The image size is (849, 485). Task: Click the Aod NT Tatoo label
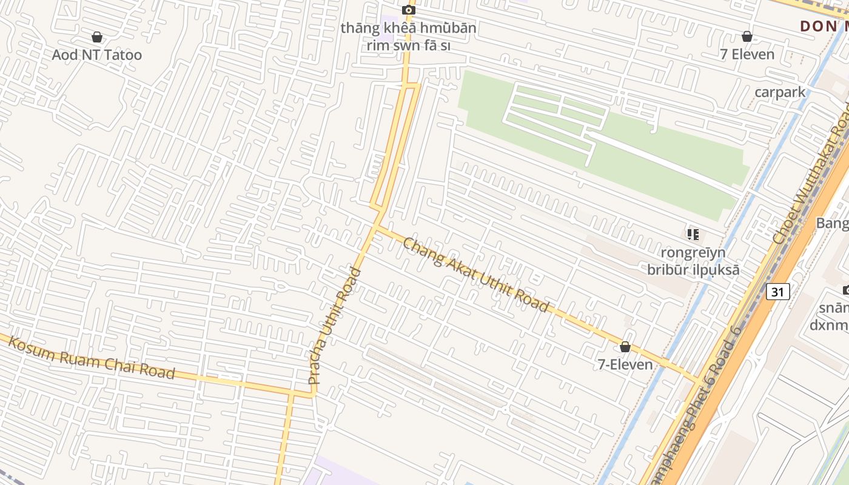click(96, 55)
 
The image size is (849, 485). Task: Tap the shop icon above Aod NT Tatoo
click(96, 38)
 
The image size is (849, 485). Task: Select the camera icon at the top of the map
click(409, 9)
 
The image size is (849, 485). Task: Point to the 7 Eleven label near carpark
click(747, 54)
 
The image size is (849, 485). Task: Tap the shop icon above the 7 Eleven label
click(747, 36)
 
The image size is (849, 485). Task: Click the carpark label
click(780, 92)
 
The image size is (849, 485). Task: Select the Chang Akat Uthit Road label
click(475, 275)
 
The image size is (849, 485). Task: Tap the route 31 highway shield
click(778, 292)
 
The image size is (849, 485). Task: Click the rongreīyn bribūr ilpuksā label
click(693, 261)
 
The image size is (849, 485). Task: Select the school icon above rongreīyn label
click(693, 234)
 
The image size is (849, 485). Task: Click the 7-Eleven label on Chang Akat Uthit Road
click(625, 364)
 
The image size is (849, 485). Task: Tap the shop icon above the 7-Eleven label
click(625, 347)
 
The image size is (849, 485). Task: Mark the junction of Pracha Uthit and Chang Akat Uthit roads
click(375, 228)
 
